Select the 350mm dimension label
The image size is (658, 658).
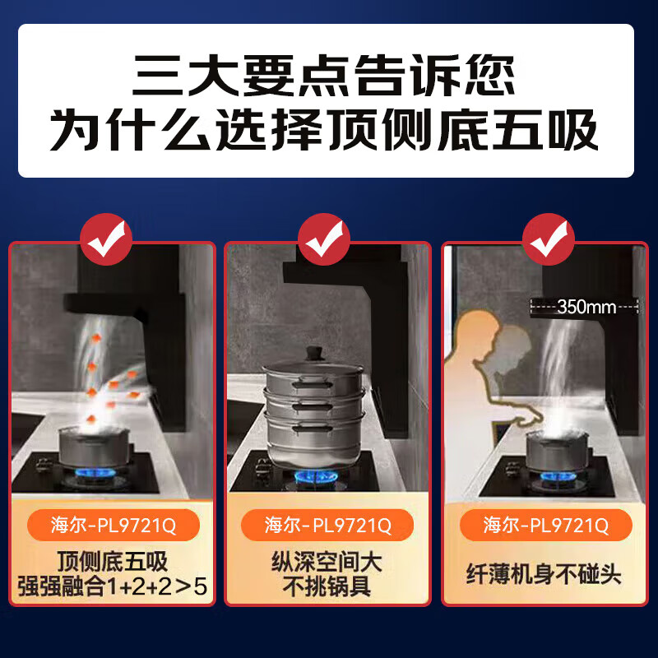pos(586,307)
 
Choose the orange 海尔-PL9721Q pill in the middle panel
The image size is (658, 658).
pos(328,524)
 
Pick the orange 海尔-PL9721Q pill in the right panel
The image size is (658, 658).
pos(545,524)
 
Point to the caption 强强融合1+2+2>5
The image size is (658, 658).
pos(112,588)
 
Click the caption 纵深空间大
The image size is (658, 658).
pos(327,562)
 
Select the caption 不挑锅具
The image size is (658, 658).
pos(327,587)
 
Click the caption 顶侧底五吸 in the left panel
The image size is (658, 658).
pos(112,562)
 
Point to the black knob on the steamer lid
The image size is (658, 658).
pos(313,354)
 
